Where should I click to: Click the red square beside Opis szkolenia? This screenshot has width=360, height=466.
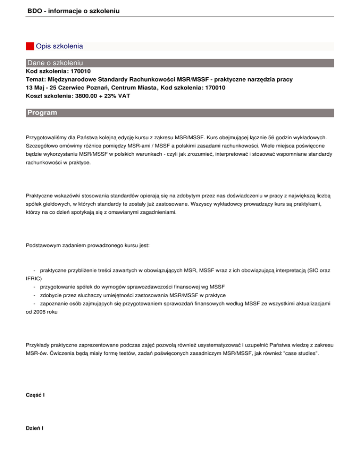[30, 46]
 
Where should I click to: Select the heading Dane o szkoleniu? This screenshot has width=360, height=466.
[55, 63]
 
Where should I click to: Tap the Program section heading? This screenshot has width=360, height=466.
[42, 113]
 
